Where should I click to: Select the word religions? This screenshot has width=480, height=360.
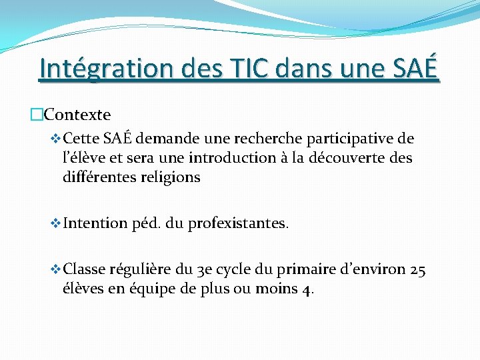tap(171, 177)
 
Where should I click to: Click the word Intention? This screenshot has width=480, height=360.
tap(94, 223)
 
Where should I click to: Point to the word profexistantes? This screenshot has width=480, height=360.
tap(239, 223)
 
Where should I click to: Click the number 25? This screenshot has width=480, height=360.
tap(419, 269)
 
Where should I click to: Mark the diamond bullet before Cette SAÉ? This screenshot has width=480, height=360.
tap(56, 139)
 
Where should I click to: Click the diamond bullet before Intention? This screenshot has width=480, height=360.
tap(56, 223)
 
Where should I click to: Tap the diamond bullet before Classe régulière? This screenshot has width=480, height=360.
tap(56, 269)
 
